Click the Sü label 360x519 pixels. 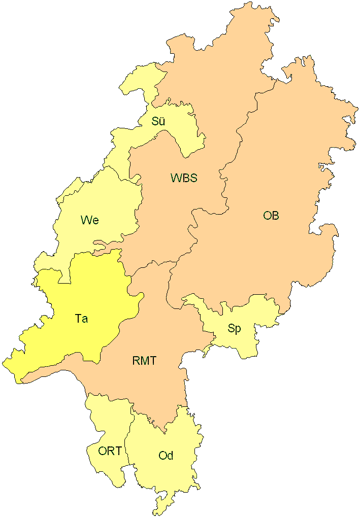[x=158, y=122]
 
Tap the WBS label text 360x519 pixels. [x=183, y=178]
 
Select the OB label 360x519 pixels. [x=271, y=216]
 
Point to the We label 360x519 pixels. [x=89, y=220]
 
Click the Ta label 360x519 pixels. [x=81, y=319]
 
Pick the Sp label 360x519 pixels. [x=234, y=329]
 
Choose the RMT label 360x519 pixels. [x=144, y=361]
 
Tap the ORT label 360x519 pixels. [x=110, y=451]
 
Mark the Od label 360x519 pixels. [x=166, y=456]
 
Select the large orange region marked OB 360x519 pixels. [x=289, y=167]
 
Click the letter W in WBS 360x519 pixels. [x=175, y=178]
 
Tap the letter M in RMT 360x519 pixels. [x=144, y=361]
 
